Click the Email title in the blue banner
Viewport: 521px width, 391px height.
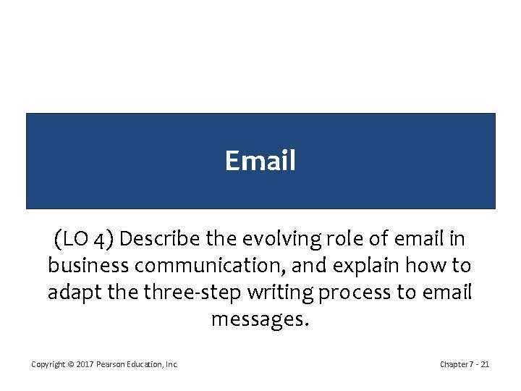[260, 161]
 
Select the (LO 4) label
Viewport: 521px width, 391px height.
[82, 238]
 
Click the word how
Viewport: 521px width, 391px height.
[428, 265]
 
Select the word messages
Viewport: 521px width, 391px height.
[260, 319]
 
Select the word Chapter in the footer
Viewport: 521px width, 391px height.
[453, 364]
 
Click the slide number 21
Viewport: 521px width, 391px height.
[484, 364]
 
